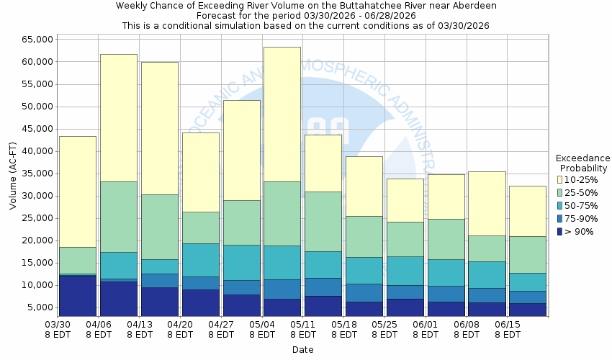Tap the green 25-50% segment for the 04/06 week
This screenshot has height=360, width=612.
click(x=119, y=216)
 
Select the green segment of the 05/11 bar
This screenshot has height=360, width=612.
click(x=323, y=221)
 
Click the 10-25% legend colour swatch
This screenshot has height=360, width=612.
click(x=561, y=179)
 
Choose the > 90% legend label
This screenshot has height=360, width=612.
click(x=580, y=232)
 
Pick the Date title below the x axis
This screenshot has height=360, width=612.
click(x=302, y=350)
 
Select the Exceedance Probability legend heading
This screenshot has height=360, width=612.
click(x=582, y=163)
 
